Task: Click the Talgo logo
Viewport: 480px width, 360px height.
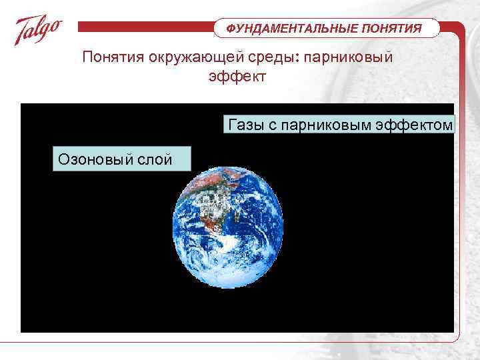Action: [39, 30]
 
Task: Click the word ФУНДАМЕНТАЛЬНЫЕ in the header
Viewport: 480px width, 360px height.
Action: [285, 29]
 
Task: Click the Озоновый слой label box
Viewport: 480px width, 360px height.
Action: [121, 159]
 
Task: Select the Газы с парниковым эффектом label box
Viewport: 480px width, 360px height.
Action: [339, 125]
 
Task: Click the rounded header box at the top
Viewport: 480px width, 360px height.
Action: [327, 29]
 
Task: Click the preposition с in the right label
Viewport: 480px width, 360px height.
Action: [273, 125]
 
